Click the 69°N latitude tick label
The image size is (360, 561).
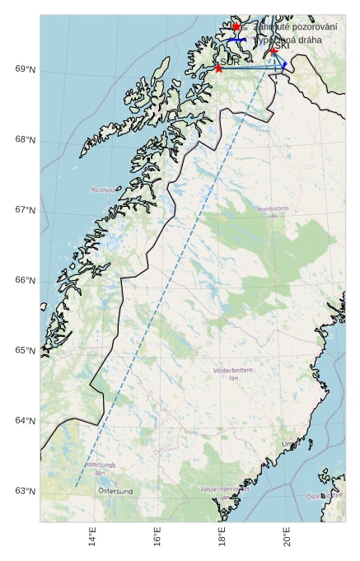26,69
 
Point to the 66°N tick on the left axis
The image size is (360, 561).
26,280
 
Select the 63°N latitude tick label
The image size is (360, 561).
26,492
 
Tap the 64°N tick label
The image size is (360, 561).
26,421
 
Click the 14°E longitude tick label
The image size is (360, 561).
92,540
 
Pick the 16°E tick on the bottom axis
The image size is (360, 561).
157,540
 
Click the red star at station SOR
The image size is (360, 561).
218,68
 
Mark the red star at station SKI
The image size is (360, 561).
273,51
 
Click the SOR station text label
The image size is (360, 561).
231,62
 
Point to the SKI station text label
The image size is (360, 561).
281,45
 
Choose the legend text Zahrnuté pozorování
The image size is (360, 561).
295,27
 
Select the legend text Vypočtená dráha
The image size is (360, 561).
288,40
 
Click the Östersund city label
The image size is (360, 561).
115,491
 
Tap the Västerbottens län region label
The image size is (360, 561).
233,374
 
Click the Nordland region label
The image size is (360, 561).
103,189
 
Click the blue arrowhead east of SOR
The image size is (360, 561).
284,64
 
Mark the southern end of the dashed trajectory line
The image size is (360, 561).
77,486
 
